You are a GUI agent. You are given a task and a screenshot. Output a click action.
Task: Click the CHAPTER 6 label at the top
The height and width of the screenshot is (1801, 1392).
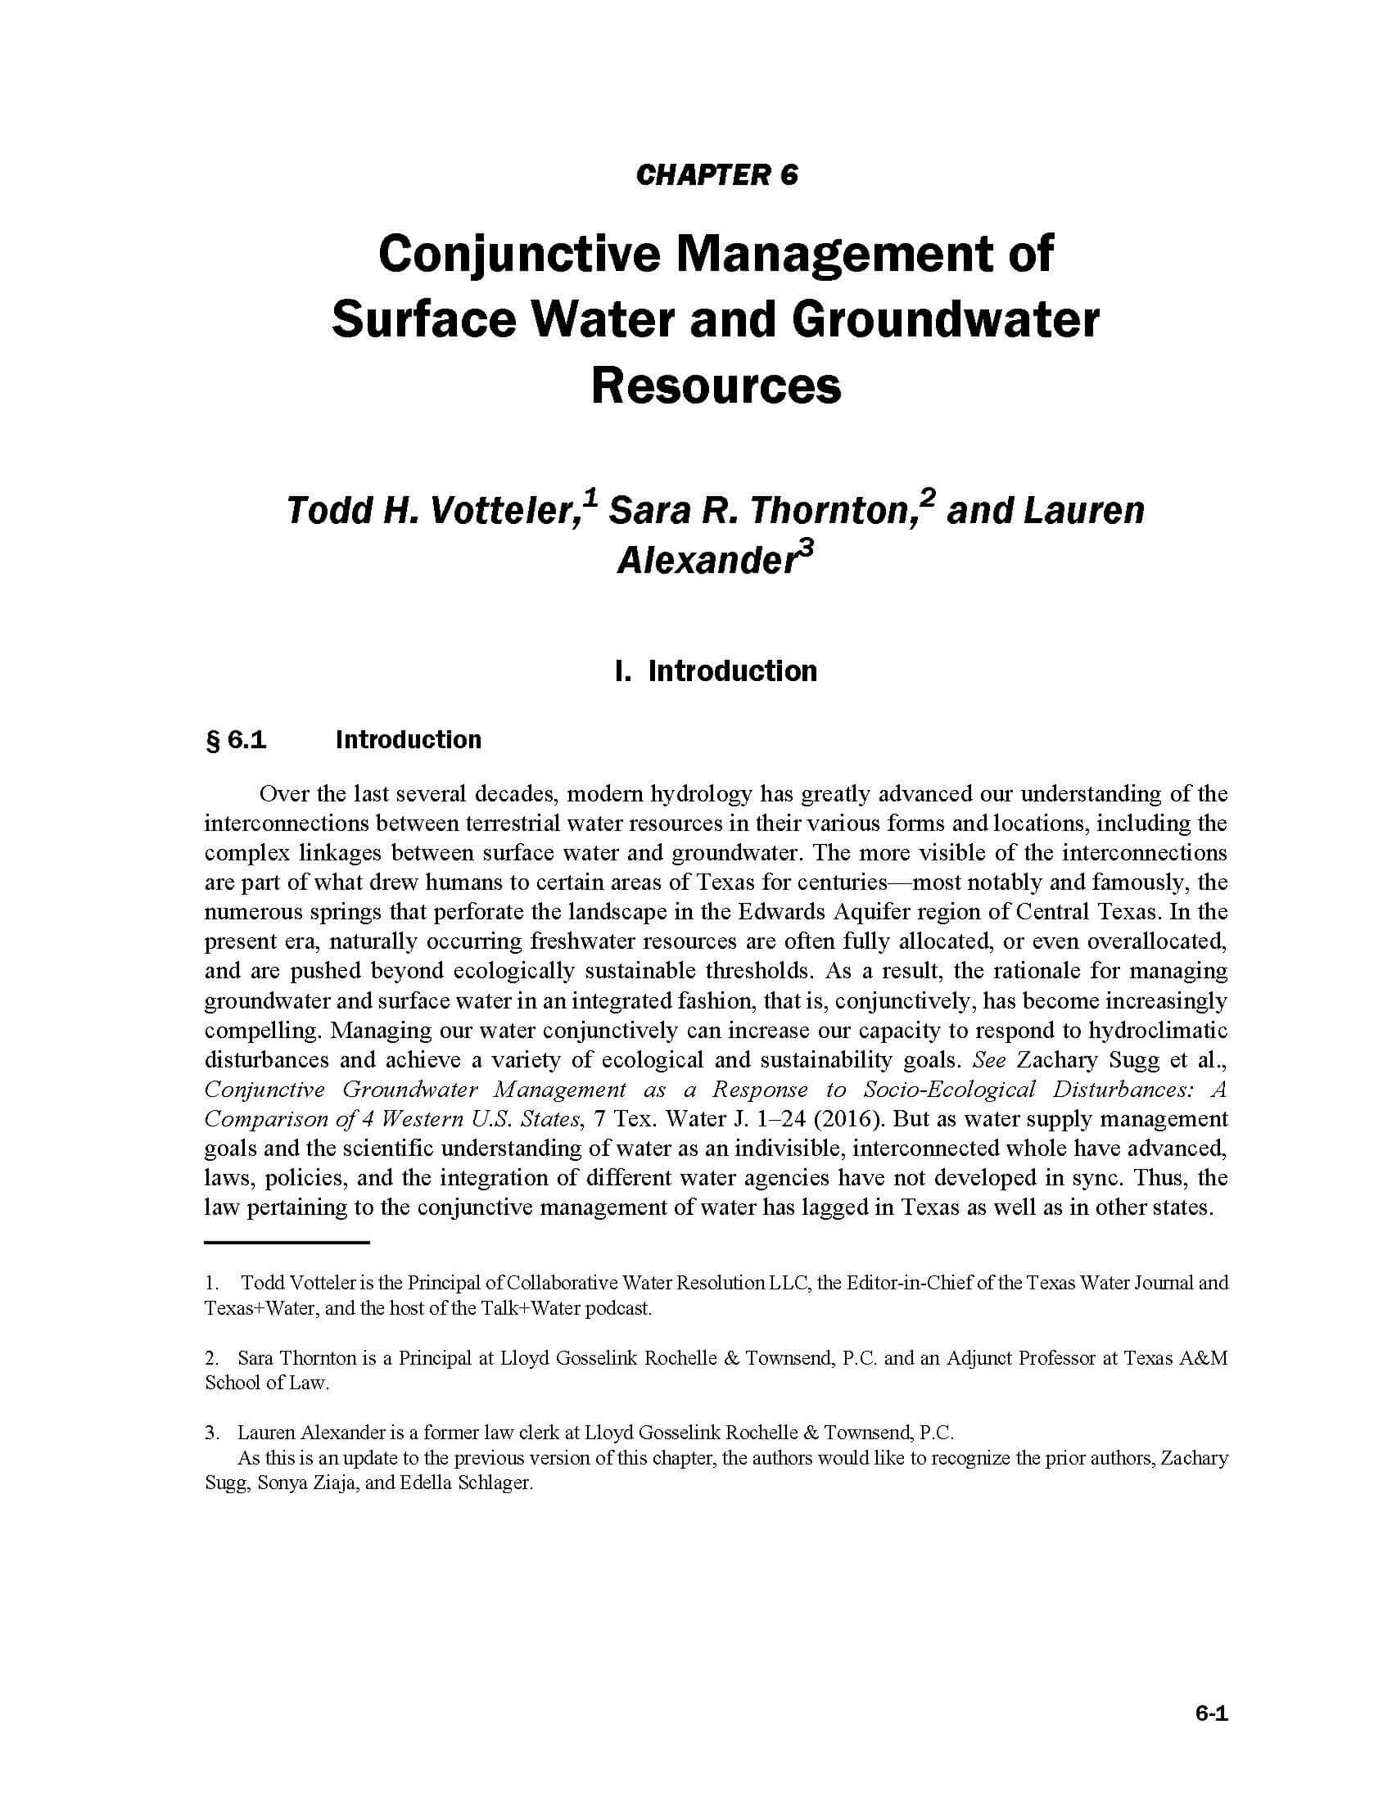pos(716,176)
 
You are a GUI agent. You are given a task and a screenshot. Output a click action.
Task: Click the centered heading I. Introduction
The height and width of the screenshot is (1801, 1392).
pos(716,670)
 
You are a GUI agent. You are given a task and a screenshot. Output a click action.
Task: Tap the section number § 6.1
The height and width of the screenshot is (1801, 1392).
pos(236,740)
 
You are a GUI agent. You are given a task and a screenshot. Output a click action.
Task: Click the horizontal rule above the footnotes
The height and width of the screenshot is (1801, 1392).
pos(286,1242)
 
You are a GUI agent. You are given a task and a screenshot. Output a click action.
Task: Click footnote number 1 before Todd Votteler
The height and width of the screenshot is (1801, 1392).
pos(211,1283)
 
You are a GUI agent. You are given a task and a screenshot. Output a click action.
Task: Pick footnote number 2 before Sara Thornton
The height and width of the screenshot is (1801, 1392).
pos(211,1358)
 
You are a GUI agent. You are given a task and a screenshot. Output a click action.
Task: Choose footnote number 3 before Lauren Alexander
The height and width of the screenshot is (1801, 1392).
pos(211,1433)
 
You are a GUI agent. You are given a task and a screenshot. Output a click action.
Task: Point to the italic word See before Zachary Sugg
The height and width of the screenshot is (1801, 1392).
pos(989,1060)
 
